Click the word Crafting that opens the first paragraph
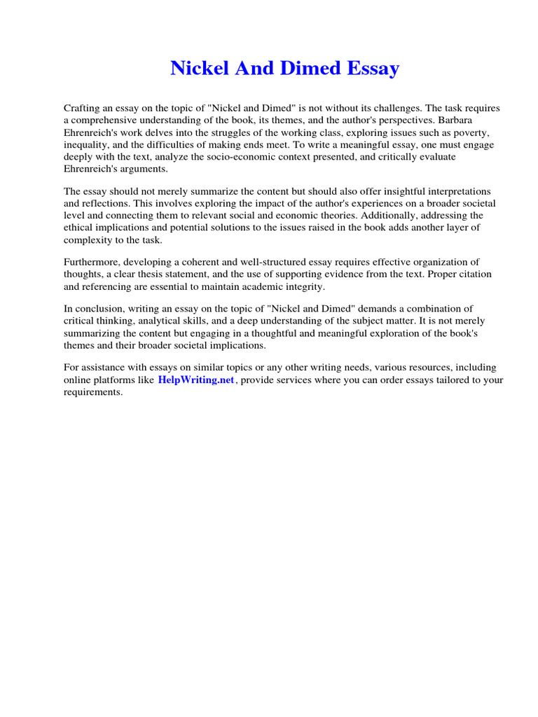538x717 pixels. pos(83,109)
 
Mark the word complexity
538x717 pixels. pos(90,239)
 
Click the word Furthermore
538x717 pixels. pos(94,263)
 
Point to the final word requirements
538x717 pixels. pos(93,392)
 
